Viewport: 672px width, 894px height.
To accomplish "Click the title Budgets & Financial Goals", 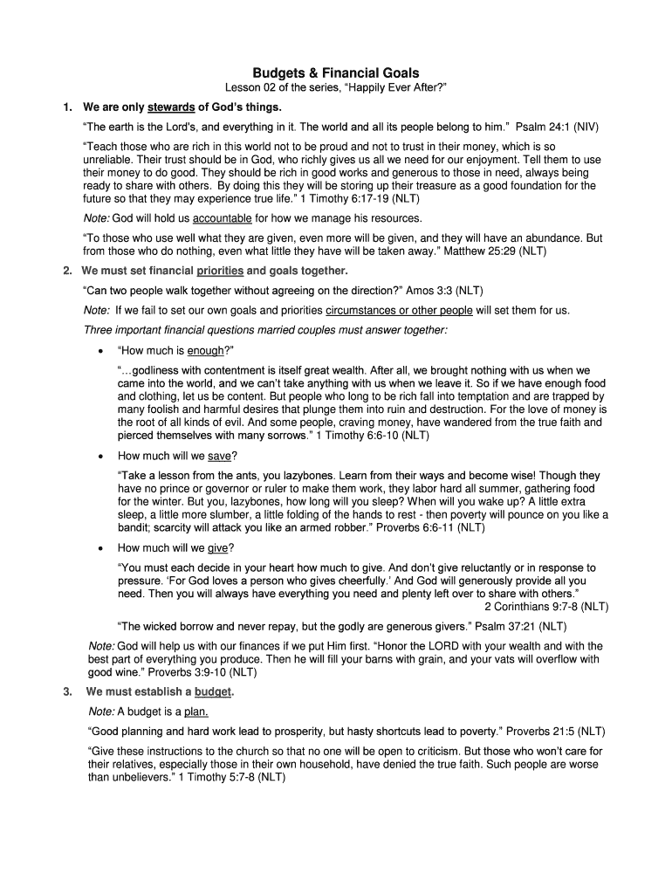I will pos(336,73).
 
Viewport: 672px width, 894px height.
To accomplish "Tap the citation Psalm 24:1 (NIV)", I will pos(568,127).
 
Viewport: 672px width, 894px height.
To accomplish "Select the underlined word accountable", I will pos(222,218).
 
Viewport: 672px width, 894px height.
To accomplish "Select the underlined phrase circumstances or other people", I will pos(399,310).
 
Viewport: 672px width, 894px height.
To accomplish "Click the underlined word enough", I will pos(206,351).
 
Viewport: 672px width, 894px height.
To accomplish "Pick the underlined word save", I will pos(219,456).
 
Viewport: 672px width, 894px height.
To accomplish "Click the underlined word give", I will pos(217,548).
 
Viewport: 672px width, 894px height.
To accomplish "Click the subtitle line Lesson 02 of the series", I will pos(336,89).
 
